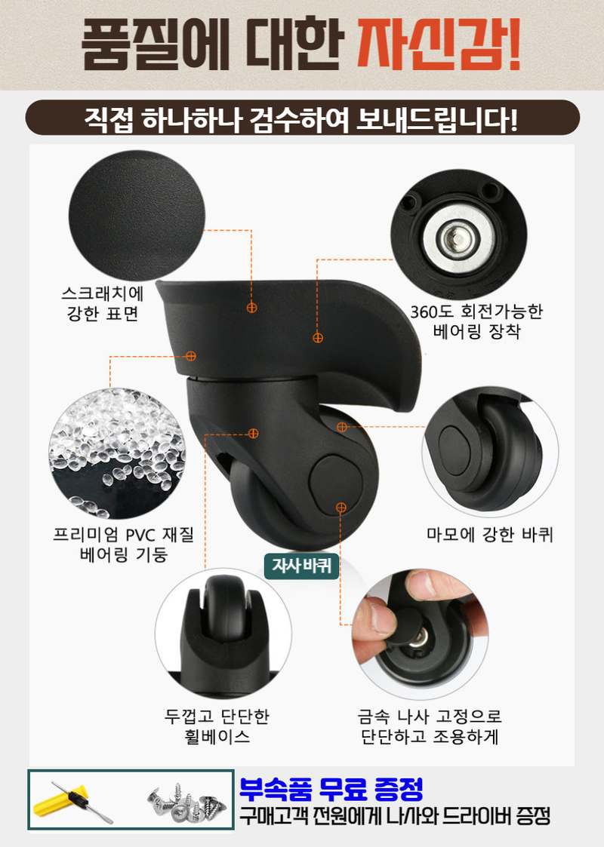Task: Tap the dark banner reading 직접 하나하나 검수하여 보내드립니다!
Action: click(302, 119)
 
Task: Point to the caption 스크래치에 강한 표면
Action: click(105, 304)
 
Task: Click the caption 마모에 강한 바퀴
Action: click(490, 535)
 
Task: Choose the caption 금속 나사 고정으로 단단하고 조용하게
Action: click(430, 726)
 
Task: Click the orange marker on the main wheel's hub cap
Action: click(341, 507)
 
